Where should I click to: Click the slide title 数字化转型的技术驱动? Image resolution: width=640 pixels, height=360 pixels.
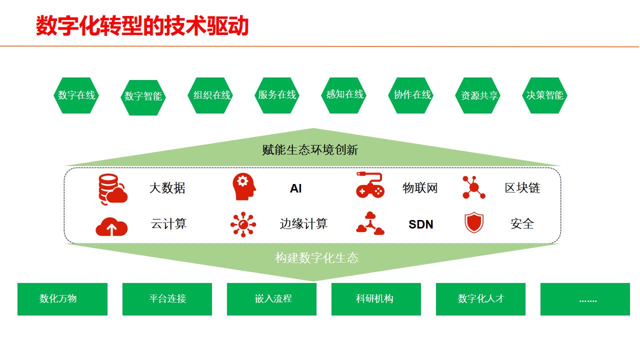142,26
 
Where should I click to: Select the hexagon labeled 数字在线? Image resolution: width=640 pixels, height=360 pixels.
76,95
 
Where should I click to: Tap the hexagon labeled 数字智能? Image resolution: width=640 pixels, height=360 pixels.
143,97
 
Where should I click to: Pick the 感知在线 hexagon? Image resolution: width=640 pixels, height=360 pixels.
344,94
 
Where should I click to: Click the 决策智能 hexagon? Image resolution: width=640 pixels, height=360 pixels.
544,95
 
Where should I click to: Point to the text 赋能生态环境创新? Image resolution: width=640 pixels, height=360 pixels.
310,149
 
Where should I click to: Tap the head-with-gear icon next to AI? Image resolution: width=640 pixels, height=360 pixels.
244,187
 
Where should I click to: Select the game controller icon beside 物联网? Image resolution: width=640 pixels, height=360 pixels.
370,185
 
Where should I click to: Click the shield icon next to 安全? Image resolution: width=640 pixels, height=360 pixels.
474,223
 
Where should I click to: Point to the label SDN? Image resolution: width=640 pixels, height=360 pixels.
420,224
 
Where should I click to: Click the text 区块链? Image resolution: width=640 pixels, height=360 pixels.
522,188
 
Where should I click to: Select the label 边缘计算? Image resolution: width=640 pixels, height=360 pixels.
303,223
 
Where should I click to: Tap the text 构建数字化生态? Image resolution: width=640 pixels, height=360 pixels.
316,258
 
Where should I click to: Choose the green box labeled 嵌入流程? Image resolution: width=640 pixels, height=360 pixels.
271,299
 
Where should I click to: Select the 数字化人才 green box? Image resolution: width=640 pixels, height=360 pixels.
480,299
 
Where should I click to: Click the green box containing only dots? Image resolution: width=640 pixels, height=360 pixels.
585,299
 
